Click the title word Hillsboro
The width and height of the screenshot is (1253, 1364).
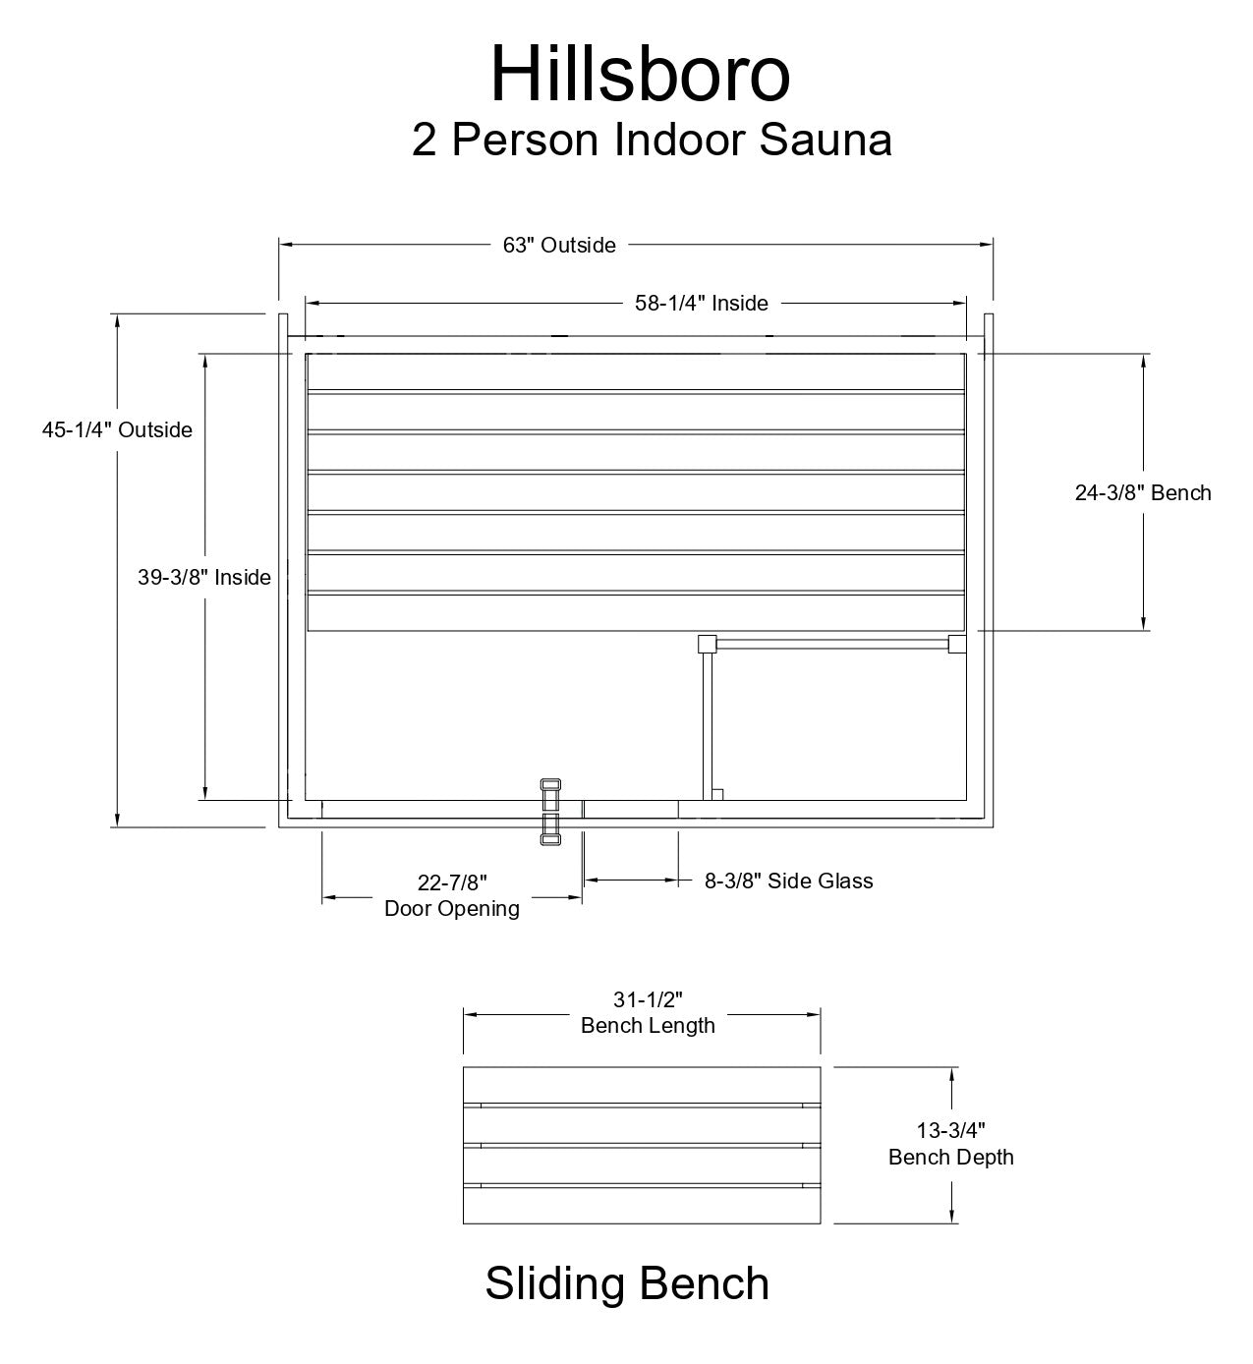[640, 74]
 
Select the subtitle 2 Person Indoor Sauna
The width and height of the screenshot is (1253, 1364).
[652, 140]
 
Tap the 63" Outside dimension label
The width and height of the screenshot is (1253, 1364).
[559, 245]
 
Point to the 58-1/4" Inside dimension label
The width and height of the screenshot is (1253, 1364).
[701, 303]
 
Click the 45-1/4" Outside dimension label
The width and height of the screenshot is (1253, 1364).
[117, 429]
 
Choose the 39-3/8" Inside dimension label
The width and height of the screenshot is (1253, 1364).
[203, 577]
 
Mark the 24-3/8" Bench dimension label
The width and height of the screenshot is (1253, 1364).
[1142, 492]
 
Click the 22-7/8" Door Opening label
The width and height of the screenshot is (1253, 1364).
[452, 894]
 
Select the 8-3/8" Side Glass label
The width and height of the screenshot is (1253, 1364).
[789, 881]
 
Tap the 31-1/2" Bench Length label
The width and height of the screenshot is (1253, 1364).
[648, 1013]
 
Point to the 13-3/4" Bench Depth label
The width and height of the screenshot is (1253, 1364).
[950, 1144]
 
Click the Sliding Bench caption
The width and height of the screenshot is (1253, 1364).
[627, 1283]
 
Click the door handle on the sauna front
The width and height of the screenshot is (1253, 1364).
[549, 812]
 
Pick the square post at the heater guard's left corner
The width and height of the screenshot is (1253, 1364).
[707, 645]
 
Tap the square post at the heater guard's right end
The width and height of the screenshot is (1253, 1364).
[957, 645]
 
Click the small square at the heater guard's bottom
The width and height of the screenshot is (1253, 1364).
[717, 794]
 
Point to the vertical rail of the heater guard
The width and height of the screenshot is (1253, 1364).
[707, 722]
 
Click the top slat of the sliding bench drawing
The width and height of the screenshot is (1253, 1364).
[642, 1086]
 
